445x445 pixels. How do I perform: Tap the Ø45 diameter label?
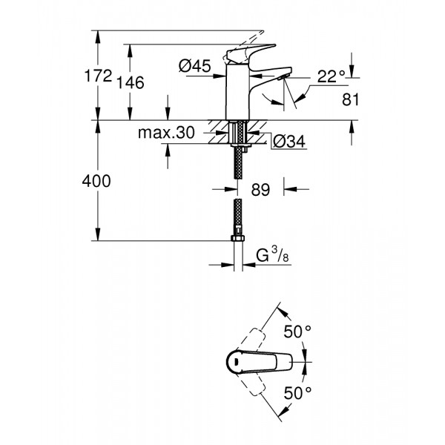point(194,67)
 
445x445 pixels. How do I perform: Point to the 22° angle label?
point(332,75)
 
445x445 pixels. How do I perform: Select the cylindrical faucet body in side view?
point(237,93)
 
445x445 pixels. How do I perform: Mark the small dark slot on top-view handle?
point(233,363)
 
